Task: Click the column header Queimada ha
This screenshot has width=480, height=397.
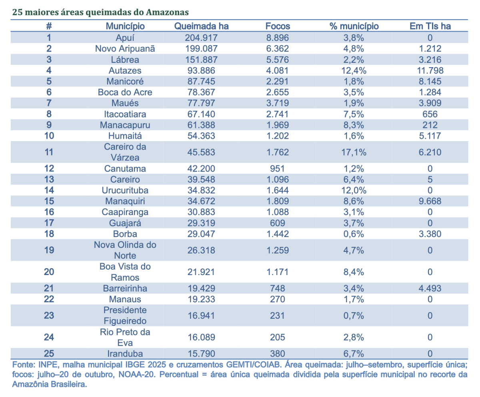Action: pyautogui.click(x=201, y=26)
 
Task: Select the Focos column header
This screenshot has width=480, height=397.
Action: pyautogui.click(x=278, y=26)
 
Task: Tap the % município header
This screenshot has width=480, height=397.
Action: pyautogui.click(x=354, y=26)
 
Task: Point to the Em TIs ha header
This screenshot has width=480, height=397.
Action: pyautogui.click(x=430, y=26)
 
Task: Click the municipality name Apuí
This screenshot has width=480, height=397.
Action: pyautogui.click(x=125, y=38)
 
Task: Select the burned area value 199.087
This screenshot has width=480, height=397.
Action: pyautogui.click(x=201, y=49)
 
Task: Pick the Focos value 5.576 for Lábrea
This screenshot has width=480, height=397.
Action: pyautogui.click(x=278, y=60)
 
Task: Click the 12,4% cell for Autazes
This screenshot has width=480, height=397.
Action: pyautogui.click(x=354, y=70)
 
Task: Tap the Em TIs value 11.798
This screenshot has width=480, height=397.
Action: pyautogui.click(x=430, y=70)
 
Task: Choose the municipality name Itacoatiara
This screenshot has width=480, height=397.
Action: pyautogui.click(x=125, y=114)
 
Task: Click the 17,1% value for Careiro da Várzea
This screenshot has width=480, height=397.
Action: pyautogui.click(x=354, y=152)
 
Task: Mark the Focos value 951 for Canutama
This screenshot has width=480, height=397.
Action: pyautogui.click(x=278, y=169)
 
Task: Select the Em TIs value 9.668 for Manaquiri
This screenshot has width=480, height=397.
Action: pyautogui.click(x=430, y=201)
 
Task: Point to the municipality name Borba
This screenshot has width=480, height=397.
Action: pyautogui.click(x=125, y=234)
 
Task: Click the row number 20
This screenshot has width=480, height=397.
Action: pyautogui.click(x=49, y=272)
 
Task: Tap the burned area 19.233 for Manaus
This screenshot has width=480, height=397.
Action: pyautogui.click(x=201, y=299)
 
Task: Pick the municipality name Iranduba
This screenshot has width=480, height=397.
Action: pyautogui.click(x=125, y=354)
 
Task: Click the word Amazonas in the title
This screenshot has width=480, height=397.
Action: pyautogui.click(x=167, y=12)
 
